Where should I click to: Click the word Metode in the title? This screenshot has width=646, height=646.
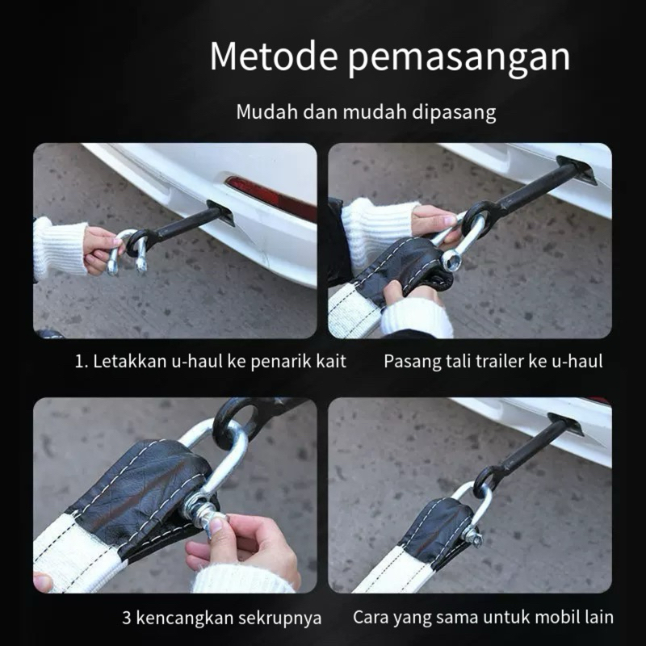pyautogui.click(x=274, y=56)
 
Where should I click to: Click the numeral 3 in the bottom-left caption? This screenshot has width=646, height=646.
pyautogui.click(x=127, y=618)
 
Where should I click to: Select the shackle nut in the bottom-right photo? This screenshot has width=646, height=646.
pyautogui.click(x=472, y=537)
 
